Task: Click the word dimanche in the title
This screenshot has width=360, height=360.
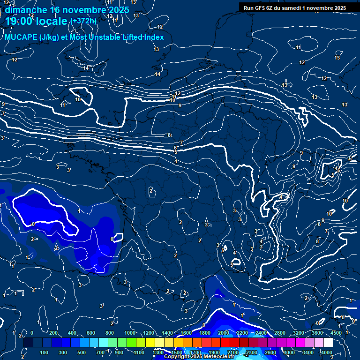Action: coord(26,9)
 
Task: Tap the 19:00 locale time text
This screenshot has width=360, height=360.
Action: coord(36,21)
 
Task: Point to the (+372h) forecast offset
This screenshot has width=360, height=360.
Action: coord(83,21)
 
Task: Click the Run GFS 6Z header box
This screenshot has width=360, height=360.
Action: coord(294,7)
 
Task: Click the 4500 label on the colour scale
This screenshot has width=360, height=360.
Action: coord(337,332)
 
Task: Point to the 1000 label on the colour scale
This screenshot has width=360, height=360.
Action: coord(130,332)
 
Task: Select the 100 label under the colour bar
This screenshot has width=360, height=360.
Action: coord(44,352)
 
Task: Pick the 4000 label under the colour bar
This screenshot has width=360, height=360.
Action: coord(326,352)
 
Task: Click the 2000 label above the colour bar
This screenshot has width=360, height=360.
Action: coord(224,332)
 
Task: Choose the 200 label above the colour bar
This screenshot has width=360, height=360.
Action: coord(53,332)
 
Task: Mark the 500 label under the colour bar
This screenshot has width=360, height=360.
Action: coord(81,352)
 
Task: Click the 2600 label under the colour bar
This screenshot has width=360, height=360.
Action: coord(270,352)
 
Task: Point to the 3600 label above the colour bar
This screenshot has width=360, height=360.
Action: coord(317,332)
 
